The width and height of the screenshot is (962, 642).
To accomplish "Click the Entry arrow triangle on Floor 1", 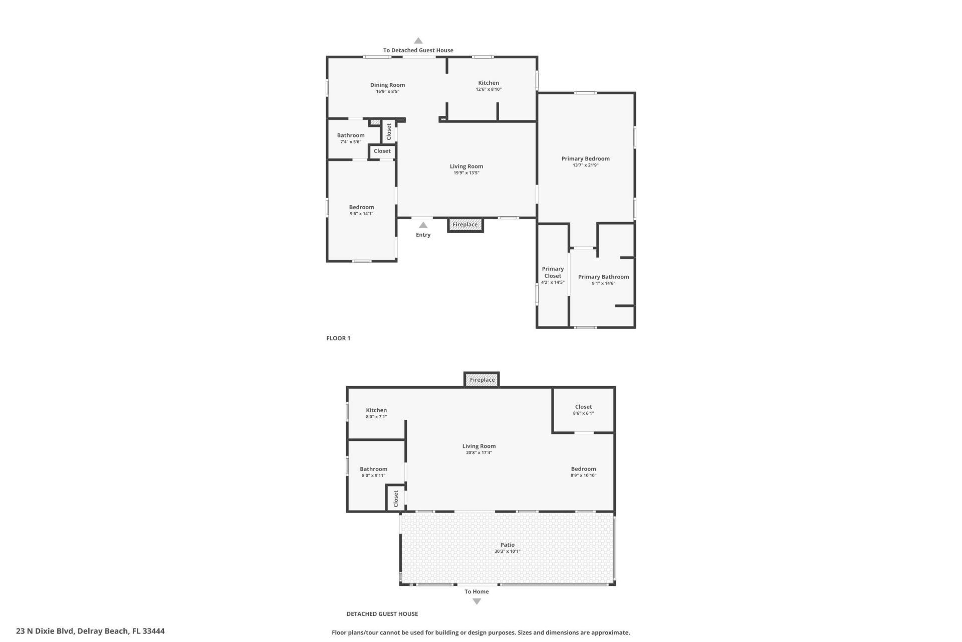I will (x=423, y=225).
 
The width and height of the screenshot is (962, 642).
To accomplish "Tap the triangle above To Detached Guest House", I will (x=418, y=41).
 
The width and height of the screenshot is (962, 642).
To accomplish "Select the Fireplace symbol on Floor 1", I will (x=465, y=225).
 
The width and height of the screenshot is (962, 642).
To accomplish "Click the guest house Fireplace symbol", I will (x=482, y=380).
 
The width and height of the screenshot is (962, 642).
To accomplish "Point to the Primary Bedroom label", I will (x=585, y=158).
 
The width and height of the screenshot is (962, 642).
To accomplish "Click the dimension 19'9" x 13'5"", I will (x=466, y=173).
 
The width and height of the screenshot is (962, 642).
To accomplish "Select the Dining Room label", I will (x=387, y=85).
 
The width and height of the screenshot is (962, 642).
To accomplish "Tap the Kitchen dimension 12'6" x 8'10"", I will (x=489, y=89).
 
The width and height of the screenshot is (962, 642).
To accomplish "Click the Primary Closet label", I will (x=553, y=272).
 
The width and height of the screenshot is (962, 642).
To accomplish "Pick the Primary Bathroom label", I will (x=603, y=277).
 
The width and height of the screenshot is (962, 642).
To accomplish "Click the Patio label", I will (x=507, y=545).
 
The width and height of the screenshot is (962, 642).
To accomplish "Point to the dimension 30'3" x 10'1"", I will (x=507, y=551).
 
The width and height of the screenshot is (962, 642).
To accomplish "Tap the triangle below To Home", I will (x=476, y=601).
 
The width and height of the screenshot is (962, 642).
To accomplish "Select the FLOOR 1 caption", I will (x=338, y=338).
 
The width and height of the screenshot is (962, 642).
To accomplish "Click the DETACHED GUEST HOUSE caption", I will (x=382, y=614).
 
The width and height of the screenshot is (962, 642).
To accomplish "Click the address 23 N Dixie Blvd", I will (x=90, y=631).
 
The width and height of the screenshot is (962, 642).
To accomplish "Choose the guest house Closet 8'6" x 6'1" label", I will (x=583, y=407).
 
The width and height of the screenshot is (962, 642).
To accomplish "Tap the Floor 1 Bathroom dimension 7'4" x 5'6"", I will (x=351, y=142).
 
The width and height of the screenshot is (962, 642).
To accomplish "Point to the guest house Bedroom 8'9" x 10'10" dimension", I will (x=583, y=475).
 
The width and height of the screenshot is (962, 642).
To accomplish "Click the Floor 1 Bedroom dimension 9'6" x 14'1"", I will (x=361, y=214).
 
